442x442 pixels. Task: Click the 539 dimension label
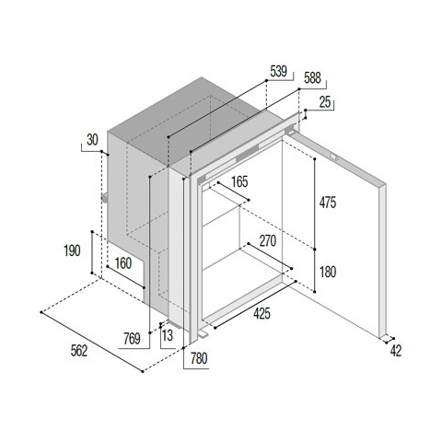pos(278,72)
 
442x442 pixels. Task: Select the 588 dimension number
pos(312,78)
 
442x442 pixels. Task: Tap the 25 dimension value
pos(325,102)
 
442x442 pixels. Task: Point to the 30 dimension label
pos(92,140)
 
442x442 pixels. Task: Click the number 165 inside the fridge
pos(239,181)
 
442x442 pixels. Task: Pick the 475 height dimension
pos(328,203)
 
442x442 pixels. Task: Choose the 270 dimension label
pos(268,241)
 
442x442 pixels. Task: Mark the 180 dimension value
pos(328,272)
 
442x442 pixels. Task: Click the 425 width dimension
pos(262,313)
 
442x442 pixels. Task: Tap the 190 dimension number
pos(72,250)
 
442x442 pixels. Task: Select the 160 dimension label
pos(123,263)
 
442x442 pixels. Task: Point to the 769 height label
pos(132,339)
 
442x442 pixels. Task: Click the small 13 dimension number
pos(168,335)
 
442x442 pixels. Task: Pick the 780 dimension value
pos(199,358)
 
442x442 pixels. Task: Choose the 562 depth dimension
pos(79,351)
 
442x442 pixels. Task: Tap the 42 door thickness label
pos(396,351)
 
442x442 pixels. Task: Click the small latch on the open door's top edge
pos(333,157)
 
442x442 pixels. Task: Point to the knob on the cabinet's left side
pos(105,197)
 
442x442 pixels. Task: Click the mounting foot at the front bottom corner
pos(204,333)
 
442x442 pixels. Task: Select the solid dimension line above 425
pos(255,305)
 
